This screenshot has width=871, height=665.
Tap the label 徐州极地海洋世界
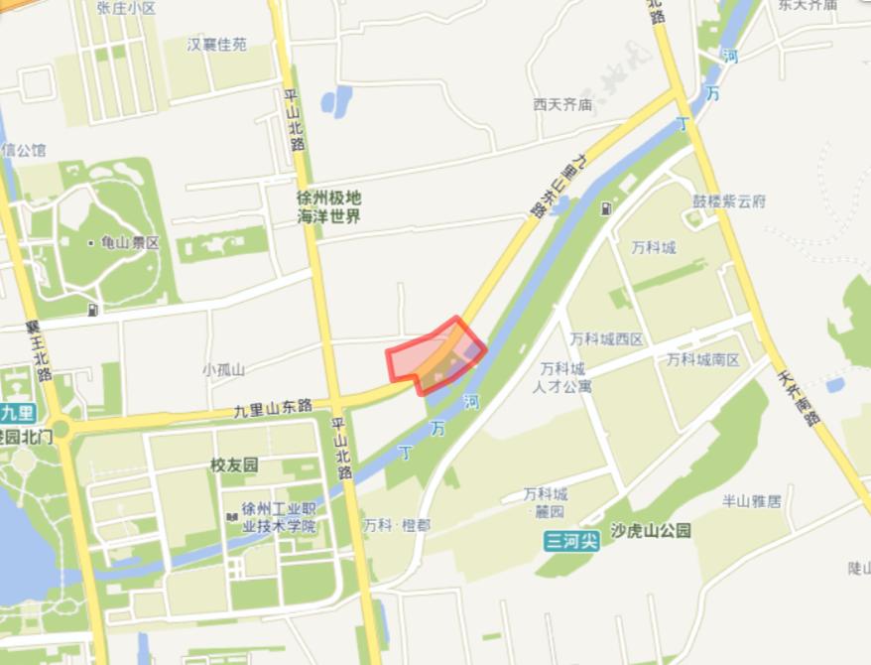(x=329, y=207)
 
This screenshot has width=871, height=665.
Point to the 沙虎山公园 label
(x=651, y=531)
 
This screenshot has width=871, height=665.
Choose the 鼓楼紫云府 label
(x=729, y=201)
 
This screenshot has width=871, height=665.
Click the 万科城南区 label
(x=703, y=358)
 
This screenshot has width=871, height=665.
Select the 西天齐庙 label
(x=561, y=104)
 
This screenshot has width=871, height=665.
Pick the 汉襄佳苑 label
(x=217, y=45)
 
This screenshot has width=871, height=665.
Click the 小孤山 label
(x=223, y=369)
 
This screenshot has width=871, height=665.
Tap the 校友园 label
(x=233, y=465)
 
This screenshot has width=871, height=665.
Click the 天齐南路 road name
(x=799, y=398)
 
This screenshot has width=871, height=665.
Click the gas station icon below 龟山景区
(x=93, y=310)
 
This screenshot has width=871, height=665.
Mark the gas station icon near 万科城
(x=607, y=209)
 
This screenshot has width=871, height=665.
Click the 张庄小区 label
(x=127, y=8)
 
